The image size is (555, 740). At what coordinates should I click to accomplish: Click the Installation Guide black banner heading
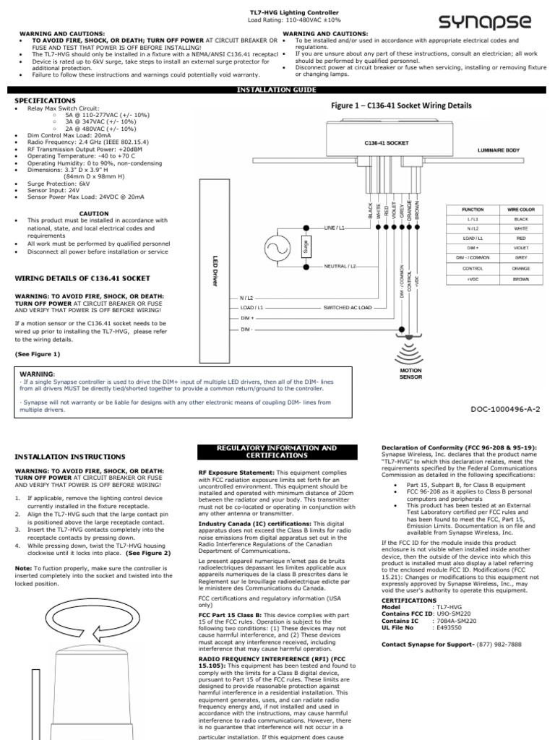[277, 90]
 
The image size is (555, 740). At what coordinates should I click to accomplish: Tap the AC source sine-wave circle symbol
[279, 246]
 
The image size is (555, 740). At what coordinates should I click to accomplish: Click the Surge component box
[306, 246]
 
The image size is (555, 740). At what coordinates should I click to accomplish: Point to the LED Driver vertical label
[215, 270]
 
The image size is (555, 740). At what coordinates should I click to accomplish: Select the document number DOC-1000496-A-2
[506, 408]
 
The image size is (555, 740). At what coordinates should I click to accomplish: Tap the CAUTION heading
[94, 214]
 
